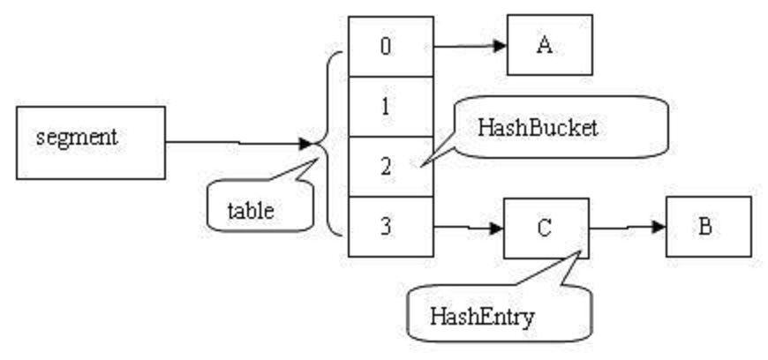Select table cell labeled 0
coord(390,46)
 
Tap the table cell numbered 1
coord(390,106)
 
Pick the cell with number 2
coord(390,165)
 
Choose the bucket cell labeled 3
coord(390,226)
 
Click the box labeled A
coord(549,45)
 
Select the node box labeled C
coord(546,228)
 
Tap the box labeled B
coord(708,227)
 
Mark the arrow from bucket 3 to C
coord(468,228)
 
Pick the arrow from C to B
coord(627,228)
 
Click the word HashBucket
coord(538,127)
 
